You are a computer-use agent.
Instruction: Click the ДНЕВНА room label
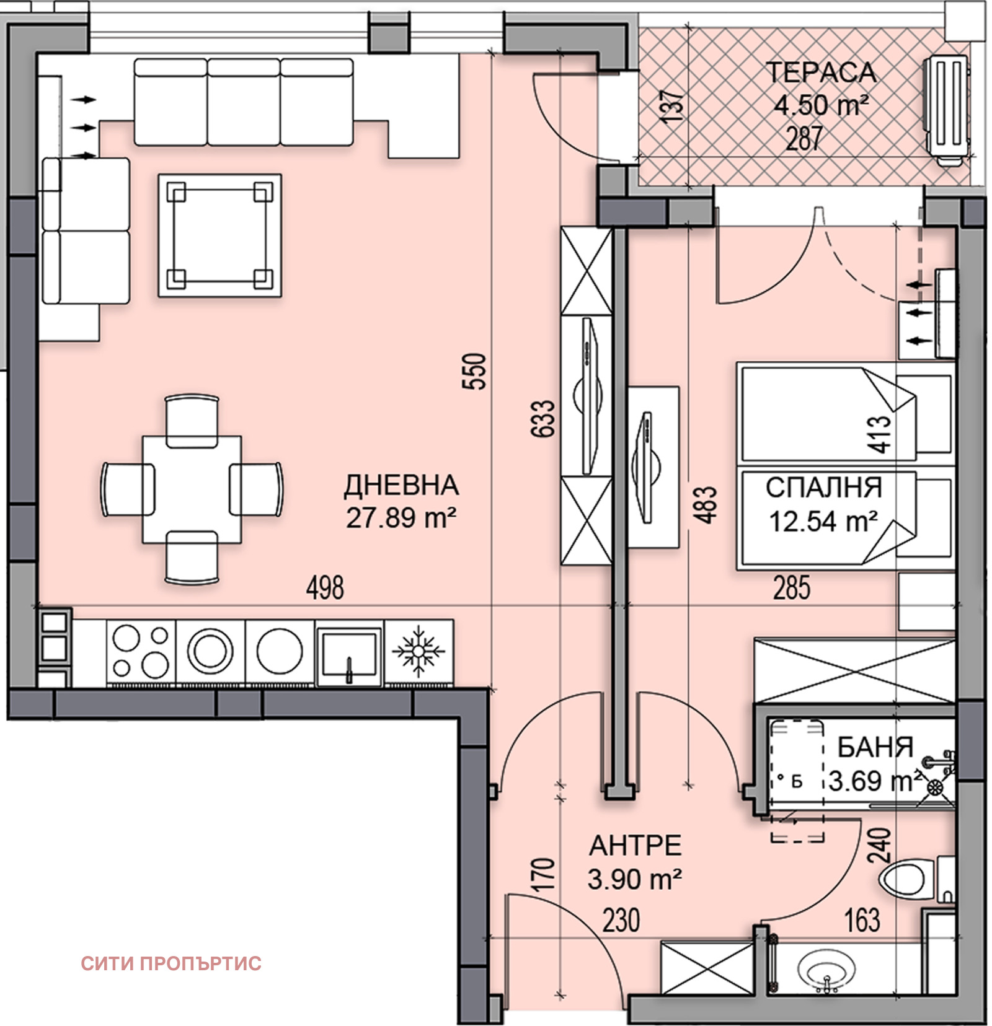coord(401,486)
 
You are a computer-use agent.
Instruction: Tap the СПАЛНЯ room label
coord(823,488)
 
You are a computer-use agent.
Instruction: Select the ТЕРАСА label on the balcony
coord(821,72)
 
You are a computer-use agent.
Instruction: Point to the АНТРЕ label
coord(635,846)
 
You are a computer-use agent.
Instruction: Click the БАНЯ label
coord(875,748)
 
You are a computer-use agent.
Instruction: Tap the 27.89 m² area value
coord(401,518)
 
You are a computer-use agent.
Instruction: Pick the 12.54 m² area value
coord(823,521)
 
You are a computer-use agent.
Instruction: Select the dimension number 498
coord(325,587)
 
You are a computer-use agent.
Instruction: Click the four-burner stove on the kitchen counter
coord(141,652)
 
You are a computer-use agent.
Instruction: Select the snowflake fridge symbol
coord(419,652)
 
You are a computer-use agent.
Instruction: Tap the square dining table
coord(192,489)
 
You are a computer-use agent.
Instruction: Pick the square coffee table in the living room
coord(220,235)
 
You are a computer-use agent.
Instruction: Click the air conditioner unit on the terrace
coord(945,111)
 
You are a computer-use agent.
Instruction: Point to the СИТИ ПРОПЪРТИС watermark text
coord(171,963)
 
